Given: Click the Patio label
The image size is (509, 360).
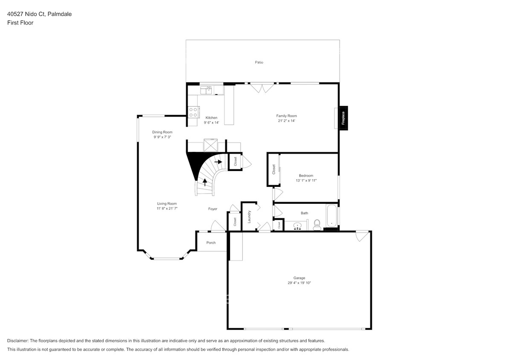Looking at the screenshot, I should [x=259, y=62].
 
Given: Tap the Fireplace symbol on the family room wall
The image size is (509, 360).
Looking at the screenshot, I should [x=343, y=118].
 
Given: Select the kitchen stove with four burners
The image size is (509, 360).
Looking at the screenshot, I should [x=193, y=112].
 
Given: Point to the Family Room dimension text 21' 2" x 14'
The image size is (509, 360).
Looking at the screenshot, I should [x=286, y=121].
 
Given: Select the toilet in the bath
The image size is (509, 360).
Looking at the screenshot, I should [x=317, y=224].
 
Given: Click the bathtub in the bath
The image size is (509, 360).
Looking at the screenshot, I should [x=332, y=217].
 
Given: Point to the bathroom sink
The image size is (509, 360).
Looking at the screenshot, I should [x=298, y=225].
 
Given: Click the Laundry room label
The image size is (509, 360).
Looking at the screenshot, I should [x=249, y=217].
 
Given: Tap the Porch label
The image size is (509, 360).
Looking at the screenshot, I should [x=211, y=243].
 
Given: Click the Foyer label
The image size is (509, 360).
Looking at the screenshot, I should [x=212, y=209].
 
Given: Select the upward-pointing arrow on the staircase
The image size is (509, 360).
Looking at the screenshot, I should [x=205, y=182].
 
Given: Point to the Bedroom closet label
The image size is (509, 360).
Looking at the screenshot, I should [x=274, y=169].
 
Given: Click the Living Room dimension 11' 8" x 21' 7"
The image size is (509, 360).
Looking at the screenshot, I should [x=166, y=209].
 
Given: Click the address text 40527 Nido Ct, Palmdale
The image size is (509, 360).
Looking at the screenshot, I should [x=39, y=14].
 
